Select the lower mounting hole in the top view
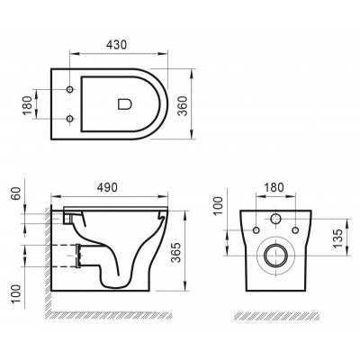tap(70, 120)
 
